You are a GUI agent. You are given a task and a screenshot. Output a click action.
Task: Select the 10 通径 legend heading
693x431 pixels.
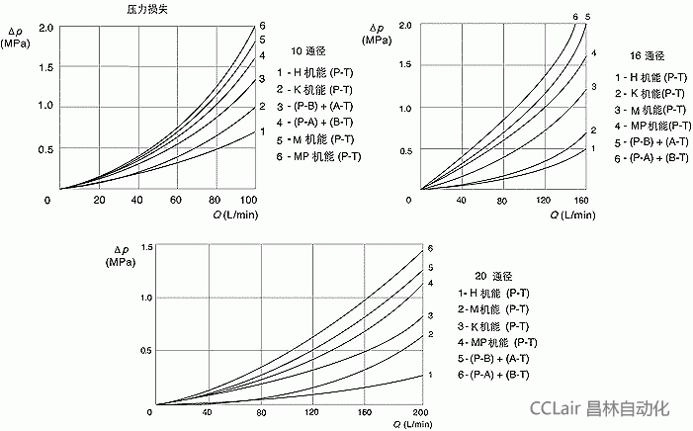[x=308, y=50]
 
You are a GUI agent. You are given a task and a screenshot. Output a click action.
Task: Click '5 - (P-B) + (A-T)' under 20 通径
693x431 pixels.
[x=494, y=358]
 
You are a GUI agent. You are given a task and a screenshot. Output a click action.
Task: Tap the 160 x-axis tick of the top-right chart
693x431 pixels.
[x=582, y=201]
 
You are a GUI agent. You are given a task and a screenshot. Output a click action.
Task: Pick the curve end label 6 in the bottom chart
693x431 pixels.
[x=429, y=247]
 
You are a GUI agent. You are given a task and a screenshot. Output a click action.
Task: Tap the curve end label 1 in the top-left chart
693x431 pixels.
[x=262, y=130]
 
